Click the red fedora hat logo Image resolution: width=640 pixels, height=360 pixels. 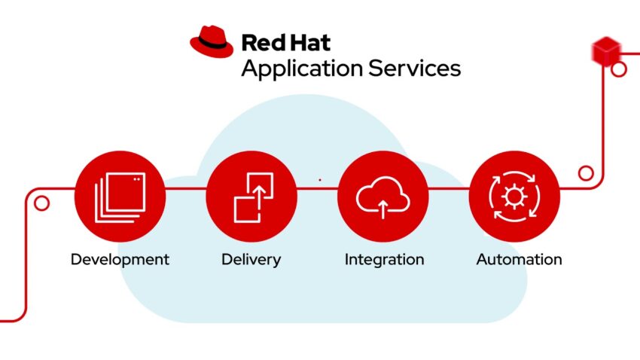coord(212,41)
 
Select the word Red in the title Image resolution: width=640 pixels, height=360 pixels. coord(260,41)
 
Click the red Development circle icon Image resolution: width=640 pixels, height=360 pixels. coord(120,196)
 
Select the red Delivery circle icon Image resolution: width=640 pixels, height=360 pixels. coord(251,196)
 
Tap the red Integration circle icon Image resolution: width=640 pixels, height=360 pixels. coord(382,196)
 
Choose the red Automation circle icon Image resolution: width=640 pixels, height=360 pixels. coord(514,196)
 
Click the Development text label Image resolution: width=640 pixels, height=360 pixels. coord(120,260)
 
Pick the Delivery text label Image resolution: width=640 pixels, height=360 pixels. coord(251,260)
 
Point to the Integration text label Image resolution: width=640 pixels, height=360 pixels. coord(384,260)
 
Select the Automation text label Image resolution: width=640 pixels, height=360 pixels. coord(519,260)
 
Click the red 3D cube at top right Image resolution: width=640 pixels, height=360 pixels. coord(605,50)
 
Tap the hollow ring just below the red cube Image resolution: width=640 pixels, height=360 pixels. coord(619,70)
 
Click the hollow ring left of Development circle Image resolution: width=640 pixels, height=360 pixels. coord(42,203)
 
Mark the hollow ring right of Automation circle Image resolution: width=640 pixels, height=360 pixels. coord(585,173)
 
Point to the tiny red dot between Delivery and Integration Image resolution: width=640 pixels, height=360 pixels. coord(320,180)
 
